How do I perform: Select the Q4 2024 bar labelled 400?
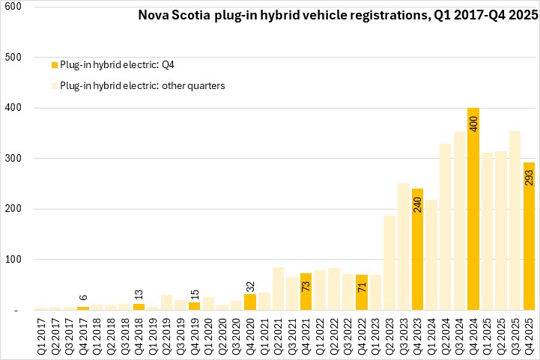pyautogui.click(x=473, y=210)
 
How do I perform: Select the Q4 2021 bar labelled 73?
pyautogui.click(x=306, y=292)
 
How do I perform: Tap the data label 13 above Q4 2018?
pyautogui.click(x=139, y=293)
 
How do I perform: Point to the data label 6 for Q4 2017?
pyautogui.click(x=83, y=298)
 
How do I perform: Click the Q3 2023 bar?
pyautogui.click(x=404, y=247)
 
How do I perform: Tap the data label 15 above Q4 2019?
pyautogui.click(x=195, y=293)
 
